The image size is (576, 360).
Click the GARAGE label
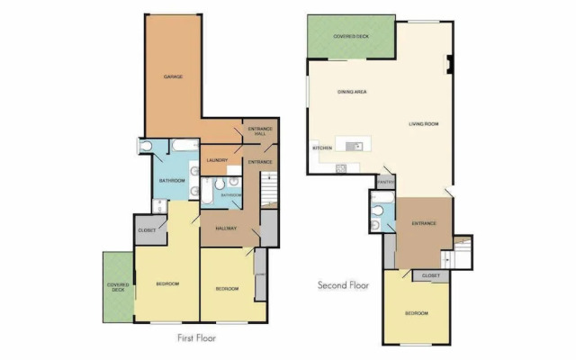pos(174,77)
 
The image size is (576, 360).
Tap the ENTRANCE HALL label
pos(260,131)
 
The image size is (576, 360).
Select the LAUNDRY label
pos(217,160)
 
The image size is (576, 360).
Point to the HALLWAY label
pos(226,229)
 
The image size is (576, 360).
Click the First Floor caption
pos(196,338)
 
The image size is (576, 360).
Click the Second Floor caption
pos(344,285)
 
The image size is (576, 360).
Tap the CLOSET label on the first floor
pos(148,230)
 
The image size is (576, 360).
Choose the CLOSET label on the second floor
pos(430,275)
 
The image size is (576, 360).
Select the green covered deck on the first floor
pos(117,288)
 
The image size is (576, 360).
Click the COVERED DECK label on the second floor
pos(351,36)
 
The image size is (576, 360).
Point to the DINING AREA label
pos(351,92)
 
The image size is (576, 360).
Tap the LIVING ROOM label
pos(423,124)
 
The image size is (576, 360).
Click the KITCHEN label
pos(322,148)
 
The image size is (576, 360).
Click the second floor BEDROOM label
pos(416,313)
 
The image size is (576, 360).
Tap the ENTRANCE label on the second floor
pos(424,223)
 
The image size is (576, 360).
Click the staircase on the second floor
pos(462,251)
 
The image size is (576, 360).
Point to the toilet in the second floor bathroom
pos(377,213)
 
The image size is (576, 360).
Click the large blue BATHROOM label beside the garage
pos(172,181)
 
